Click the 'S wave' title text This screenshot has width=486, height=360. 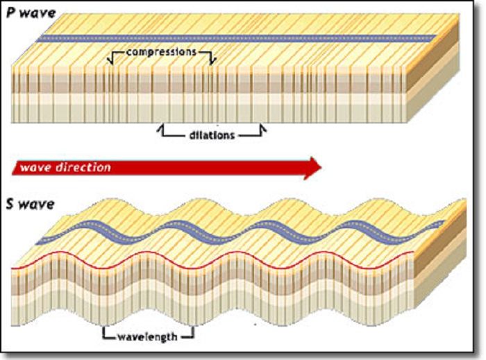[x=30, y=206]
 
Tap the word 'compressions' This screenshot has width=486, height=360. [x=160, y=52]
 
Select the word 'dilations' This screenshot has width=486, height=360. [x=212, y=135]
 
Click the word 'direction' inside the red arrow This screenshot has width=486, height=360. [x=84, y=167]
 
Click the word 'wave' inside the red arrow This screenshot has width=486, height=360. [x=35, y=167]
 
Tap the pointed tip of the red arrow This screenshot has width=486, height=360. [x=321, y=167]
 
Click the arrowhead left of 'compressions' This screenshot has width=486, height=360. [x=110, y=62]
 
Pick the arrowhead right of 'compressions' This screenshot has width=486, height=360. [x=212, y=62]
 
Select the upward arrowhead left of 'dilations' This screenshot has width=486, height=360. [x=162, y=127]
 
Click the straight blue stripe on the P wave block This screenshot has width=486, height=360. [x=236, y=37]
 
